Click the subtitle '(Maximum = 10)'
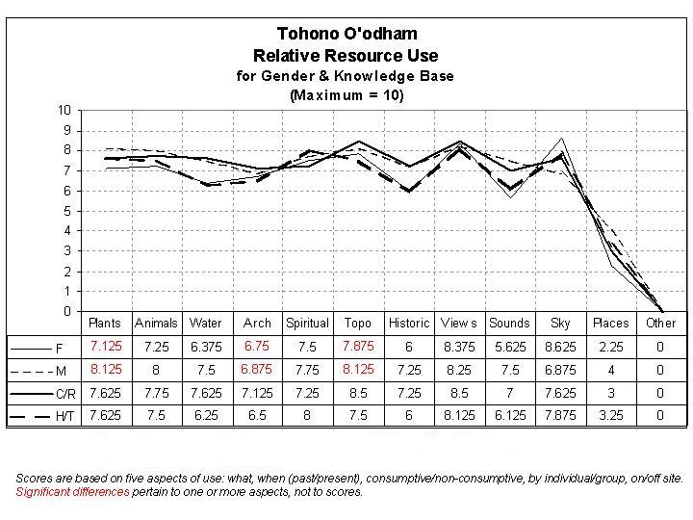point(346,95)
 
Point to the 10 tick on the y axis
point(64,110)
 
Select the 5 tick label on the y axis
point(66,211)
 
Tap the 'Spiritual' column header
point(308,324)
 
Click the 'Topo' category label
point(358,324)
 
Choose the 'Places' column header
point(610,324)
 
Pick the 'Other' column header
point(660,324)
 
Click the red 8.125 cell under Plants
point(106,370)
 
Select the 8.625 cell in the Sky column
point(560,347)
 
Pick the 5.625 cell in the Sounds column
point(509,347)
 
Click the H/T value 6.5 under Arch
point(257,416)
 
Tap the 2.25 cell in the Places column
point(610,347)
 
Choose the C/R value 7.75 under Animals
point(156,393)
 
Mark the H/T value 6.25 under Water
point(206,416)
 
